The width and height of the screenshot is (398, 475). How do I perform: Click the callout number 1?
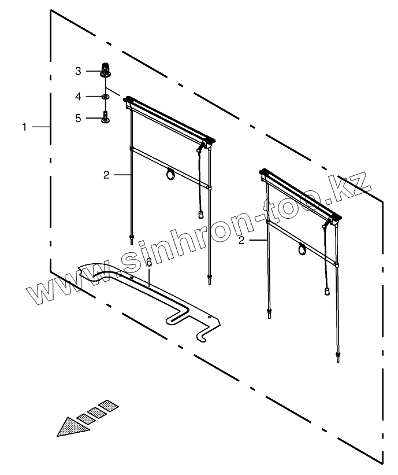pyautogui.click(x=24, y=127)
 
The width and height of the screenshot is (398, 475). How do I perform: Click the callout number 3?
pyautogui.click(x=79, y=71)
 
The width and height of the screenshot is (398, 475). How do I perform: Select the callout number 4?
pyautogui.click(x=79, y=95)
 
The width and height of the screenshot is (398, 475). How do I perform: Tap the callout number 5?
pyautogui.click(x=79, y=118)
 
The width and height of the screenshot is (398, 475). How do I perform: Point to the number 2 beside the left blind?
pyautogui.click(x=106, y=175)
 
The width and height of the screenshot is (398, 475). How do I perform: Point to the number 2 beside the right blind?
pyautogui.click(x=241, y=240)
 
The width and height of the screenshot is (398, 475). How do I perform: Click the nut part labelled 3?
pyautogui.click(x=105, y=69)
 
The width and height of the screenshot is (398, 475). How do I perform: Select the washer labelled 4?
pyautogui.click(x=106, y=95)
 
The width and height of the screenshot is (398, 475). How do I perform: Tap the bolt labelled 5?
pyautogui.click(x=106, y=117)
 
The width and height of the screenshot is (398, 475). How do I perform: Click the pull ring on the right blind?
pyautogui.click(x=302, y=250)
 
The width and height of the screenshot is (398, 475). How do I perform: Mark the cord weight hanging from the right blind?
pyautogui.click(x=327, y=291)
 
